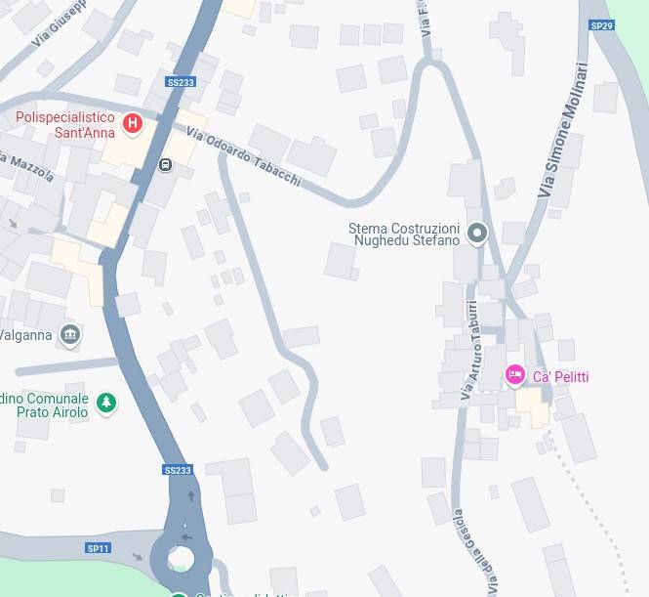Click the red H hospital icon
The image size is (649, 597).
point(134,124)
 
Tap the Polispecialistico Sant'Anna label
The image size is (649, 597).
point(64,125)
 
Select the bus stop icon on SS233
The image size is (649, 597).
point(165,164)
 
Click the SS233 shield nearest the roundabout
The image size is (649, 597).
point(178,470)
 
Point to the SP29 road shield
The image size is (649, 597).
point(602,25)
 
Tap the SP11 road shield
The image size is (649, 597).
point(98,548)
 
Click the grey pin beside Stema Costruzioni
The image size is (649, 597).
point(477,233)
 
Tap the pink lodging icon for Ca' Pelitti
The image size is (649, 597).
point(514,375)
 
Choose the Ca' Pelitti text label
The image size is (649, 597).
point(560,377)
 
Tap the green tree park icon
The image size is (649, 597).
point(106,403)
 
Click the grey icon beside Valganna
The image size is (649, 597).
point(69,335)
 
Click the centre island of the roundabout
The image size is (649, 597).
point(180,559)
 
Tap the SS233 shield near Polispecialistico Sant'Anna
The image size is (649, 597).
point(181,82)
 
